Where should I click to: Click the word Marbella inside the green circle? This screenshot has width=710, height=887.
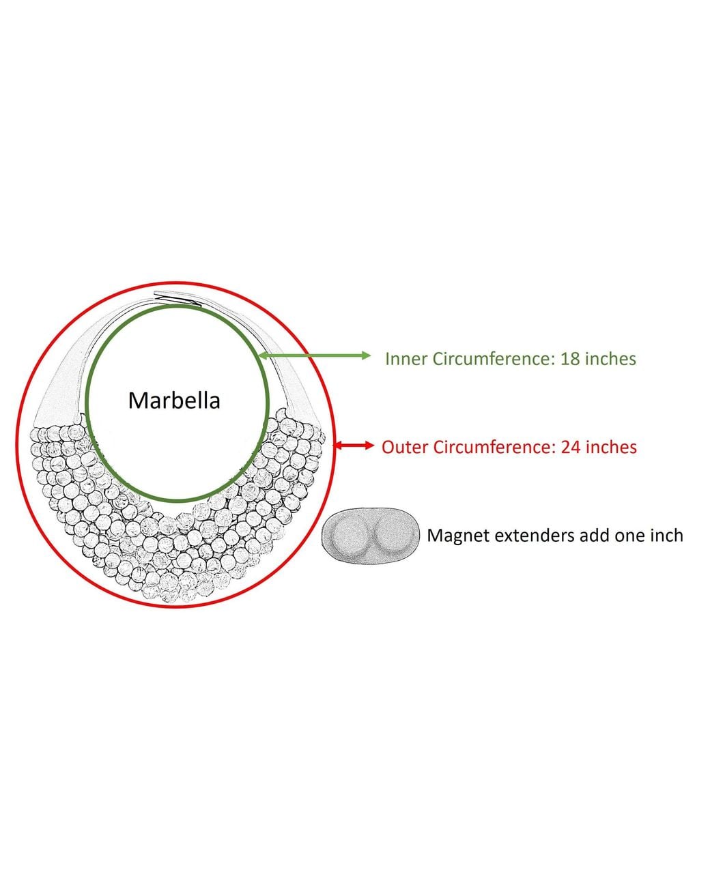[174, 401]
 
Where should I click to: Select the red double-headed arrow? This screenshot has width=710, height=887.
[353, 445]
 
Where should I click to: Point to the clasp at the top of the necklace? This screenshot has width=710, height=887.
[178, 297]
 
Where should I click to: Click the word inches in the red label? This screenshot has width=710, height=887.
[612, 447]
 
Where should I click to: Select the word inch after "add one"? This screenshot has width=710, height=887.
[665, 536]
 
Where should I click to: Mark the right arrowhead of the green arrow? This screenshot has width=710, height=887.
[367, 355]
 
